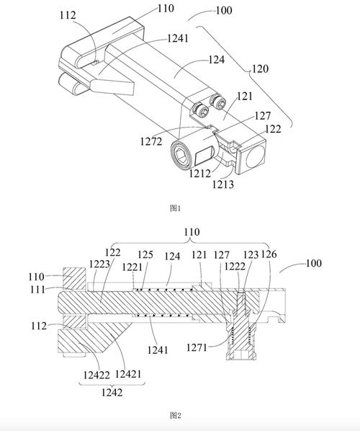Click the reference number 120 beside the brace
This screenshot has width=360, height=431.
pyautogui.click(x=260, y=68)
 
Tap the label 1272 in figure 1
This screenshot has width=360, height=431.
pyautogui.click(x=151, y=141)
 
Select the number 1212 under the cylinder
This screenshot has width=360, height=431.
pyautogui.click(x=200, y=174)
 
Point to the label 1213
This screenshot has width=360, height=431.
pyautogui.click(x=223, y=185)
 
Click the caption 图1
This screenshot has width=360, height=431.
pyautogui.click(x=176, y=208)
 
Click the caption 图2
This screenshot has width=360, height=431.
pyautogui.click(x=176, y=415)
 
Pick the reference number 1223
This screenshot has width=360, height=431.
pyautogui.click(x=99, y=265)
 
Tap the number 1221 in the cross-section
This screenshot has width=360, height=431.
pyautogui.click(x=132, y=267)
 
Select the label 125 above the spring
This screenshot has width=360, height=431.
pyautogui.click(x=145, y=255)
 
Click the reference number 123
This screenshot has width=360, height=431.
pyautogui.click(x=251, y=255)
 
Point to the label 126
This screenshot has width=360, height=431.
pyautogui.click(x=269, y=254)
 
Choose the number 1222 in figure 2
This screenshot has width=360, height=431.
pyautogui.click(x=235, y=267)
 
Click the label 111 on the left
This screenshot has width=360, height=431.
pyautogui.click(x=37, y=289)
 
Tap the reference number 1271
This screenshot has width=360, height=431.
pyautogui.click(x=197, y=347)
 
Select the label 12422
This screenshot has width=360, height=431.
pyautogui.click(x=96, y=376)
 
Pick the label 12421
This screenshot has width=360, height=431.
pyautogui.click(x=128, y=374)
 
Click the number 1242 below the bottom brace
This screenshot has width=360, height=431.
pyautogui.click(x=112, y=393)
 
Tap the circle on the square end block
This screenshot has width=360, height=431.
pyautogui.click(x=255, y=156)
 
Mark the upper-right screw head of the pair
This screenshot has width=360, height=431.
pyautogui.click(x=218, y=102)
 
